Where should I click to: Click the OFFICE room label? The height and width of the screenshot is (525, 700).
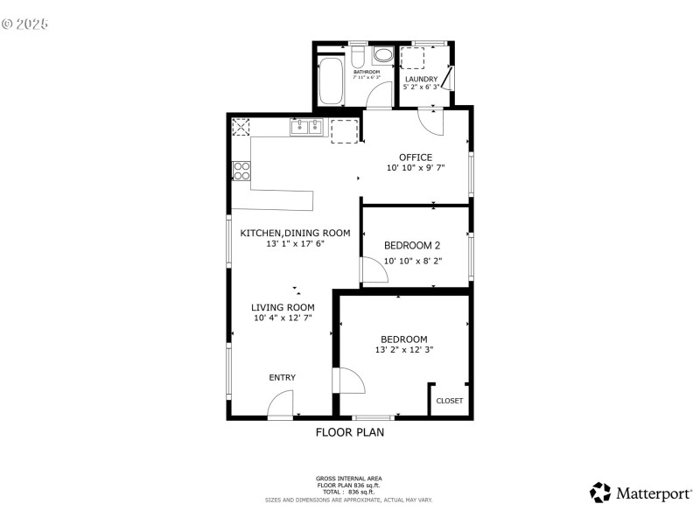[416, 157]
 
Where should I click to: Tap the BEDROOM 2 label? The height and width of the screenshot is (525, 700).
[412, 245]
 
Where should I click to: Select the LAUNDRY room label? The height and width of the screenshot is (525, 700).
[420, 79]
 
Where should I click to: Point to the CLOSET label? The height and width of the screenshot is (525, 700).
[449, 401]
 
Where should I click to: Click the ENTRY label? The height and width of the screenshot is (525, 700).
[282, 378]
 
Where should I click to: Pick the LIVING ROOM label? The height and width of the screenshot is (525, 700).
[283, 307]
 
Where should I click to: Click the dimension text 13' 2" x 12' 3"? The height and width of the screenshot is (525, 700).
[404, 350]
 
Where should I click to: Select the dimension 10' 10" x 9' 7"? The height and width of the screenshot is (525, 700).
[416, 168]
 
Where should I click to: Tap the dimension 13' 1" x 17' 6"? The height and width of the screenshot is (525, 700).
[296, 244]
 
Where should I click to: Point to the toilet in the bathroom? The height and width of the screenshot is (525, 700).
[357, 56]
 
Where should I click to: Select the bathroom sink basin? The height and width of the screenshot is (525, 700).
[383, 56]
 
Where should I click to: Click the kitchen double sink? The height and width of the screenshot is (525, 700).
[307, 129]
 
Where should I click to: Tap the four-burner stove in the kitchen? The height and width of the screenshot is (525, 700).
[241, 170]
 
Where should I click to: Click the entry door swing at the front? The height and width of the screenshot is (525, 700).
[281, 405]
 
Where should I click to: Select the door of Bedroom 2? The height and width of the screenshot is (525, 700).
[374, 271]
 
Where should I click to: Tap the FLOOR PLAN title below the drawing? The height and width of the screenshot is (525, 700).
[349, 432]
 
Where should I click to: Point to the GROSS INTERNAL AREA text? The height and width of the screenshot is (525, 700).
[348, 479]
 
